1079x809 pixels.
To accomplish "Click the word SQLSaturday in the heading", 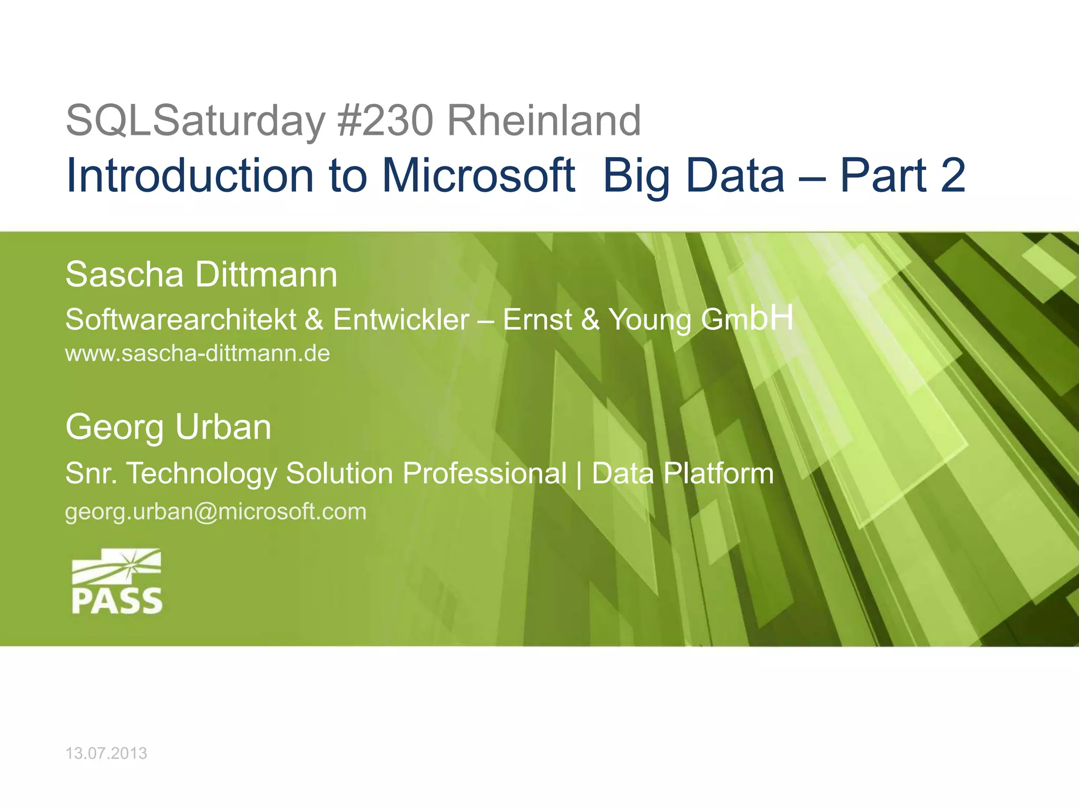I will pos(195,121).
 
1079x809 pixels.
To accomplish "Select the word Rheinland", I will pos(544,121).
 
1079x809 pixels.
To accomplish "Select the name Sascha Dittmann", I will pos(201,275).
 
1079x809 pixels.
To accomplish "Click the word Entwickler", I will pos(401,320).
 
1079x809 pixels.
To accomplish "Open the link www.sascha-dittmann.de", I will pos(198,353).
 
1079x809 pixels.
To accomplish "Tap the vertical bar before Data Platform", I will pos(580,473).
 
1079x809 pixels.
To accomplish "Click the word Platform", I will pos(719,473).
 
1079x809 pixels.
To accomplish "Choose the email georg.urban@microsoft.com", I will pos(215,512).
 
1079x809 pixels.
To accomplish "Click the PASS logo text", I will pos(117,601).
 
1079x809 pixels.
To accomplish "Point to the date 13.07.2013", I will pos(106,754).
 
